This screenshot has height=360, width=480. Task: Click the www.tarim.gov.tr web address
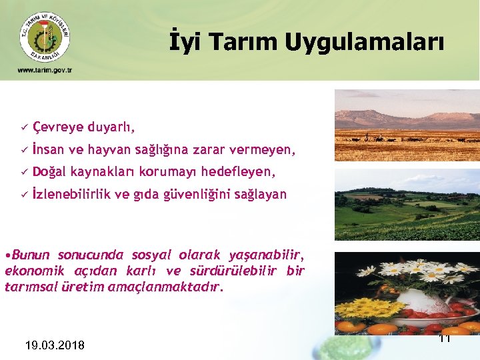(x=45, y=70)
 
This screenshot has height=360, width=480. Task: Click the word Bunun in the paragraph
(x=31, y=255)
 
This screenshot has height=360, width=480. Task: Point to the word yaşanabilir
(x=267, y=255)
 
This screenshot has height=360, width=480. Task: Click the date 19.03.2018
(x=54, y=345)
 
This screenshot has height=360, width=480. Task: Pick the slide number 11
(x=445, y=339)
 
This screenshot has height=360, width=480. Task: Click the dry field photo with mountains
(x=406, y=126)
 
